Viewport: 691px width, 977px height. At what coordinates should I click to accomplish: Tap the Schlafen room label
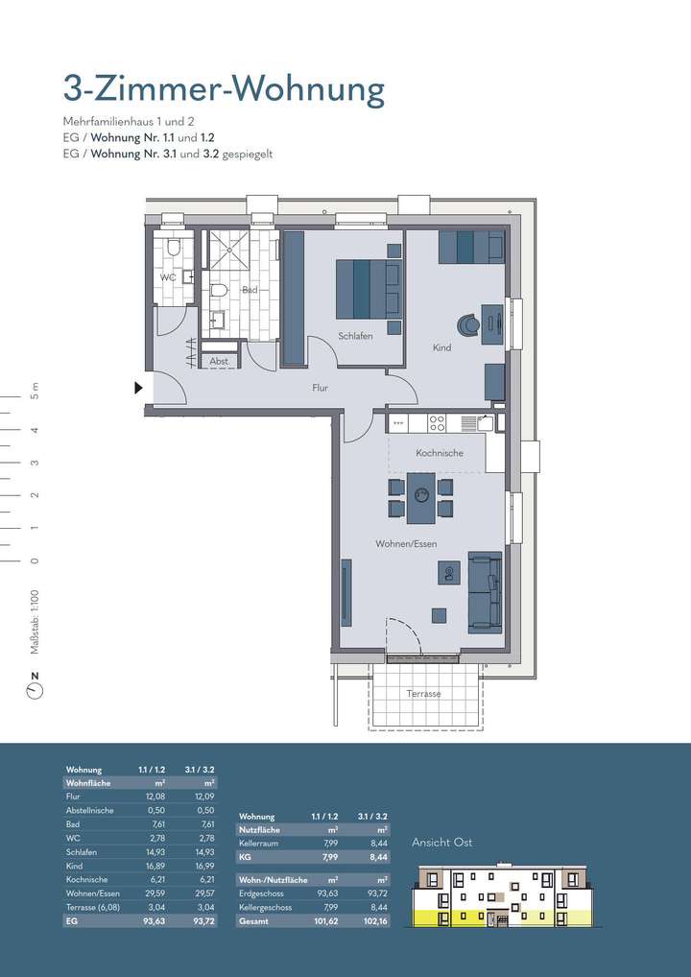[x=355, y=336]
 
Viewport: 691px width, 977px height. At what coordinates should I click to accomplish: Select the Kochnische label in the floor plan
[x=440, y=453]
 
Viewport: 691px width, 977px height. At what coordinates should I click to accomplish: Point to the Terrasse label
[x=423, y=693]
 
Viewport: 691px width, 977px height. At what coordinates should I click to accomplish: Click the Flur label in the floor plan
[x=321, y=388]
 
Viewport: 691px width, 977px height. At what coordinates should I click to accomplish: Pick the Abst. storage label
[x=219, y=362]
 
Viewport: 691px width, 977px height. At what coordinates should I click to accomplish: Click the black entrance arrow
[x=138, y=388]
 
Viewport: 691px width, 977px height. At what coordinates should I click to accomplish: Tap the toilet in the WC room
[x=173, y=248]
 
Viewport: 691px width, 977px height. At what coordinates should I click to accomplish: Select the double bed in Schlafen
[x=368, y=289]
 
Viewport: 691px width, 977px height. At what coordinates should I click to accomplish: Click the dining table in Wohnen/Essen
[x=420, y=498]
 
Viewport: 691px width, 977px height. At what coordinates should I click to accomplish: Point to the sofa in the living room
[x=485, y=592]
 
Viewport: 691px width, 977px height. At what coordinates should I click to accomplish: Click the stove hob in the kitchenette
[x=437, y=421]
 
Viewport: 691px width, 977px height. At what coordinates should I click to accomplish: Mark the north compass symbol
[x=36, y=688]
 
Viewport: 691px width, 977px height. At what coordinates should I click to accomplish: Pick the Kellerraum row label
[x=260, y=843]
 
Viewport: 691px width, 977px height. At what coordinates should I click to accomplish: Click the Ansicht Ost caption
[x=442, y=843]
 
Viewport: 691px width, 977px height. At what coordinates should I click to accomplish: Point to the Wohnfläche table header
[x=88, y=783]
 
